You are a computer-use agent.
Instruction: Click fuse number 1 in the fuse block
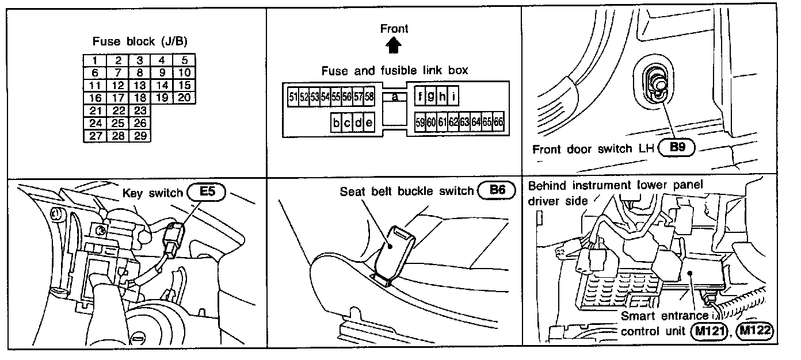click(94, 60)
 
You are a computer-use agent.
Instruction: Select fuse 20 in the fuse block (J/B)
click(184, 97)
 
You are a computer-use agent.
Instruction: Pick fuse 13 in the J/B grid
click(139, 85)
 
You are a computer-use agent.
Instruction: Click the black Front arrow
click(394, 44)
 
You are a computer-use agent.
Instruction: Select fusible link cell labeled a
click(395, 97)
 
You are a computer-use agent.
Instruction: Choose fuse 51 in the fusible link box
click(293, 97)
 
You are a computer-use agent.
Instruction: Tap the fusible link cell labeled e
click(369, 122)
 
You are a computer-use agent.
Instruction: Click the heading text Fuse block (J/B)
click(140, 41)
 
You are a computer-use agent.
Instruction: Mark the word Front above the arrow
click(394, 28)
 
